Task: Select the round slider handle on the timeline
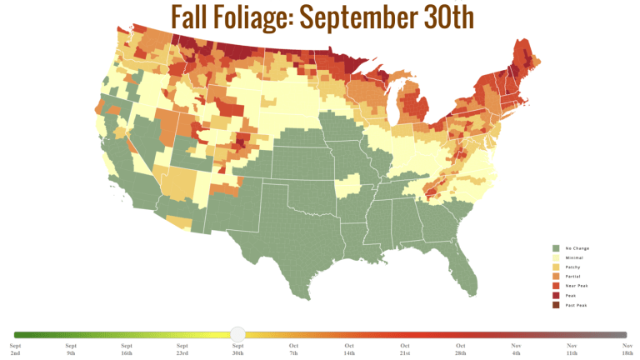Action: tap(237, 334)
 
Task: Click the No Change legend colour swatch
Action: tap(555, 247)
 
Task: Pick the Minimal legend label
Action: tap(575, 258)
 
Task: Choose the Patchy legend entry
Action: tap(574, 267)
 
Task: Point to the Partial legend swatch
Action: tap(555, 277)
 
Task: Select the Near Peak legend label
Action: tap(577, 286)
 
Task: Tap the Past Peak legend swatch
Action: tap(555, 305)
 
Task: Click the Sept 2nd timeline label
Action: tap(16, 348)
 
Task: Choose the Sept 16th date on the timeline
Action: tap(127, 348)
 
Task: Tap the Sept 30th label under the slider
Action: tap(237, 348)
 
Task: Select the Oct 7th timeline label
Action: tap(293, 348)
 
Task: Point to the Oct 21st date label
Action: tap(404, 348)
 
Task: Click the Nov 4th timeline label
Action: tap(516, 348)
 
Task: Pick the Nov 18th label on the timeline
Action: tap(626, 348)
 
